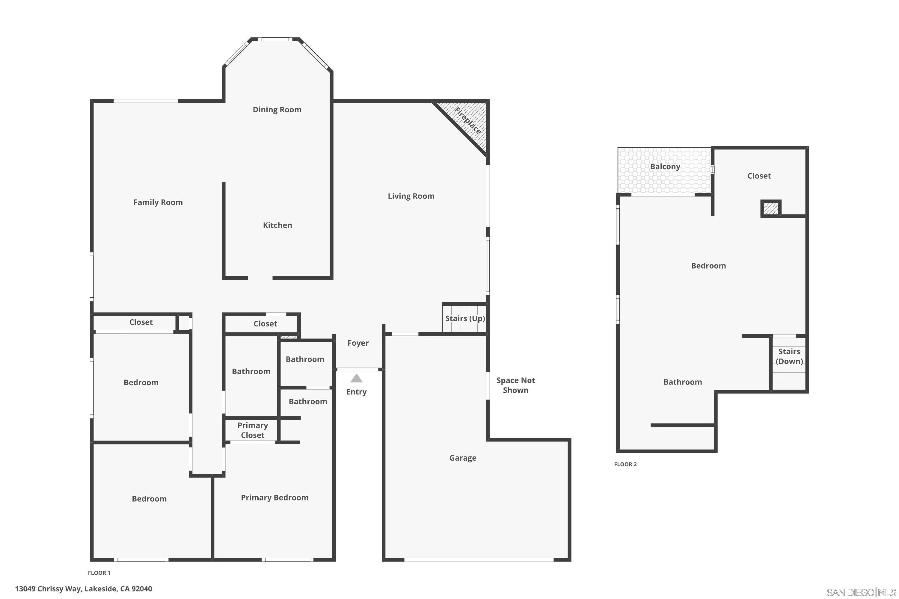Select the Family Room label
click(158, 202)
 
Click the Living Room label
click(411, 196)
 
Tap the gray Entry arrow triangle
click(356, 378)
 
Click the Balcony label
click(665, 167)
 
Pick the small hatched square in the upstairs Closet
click(770, 208)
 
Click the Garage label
click(462, 458)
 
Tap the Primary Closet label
click(252, 430)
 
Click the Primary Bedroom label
click(274, 497)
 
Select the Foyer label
click(358, 343)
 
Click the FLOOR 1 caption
click(99, 573)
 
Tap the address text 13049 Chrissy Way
click(83, 589)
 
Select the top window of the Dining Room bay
click(275, 39)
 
